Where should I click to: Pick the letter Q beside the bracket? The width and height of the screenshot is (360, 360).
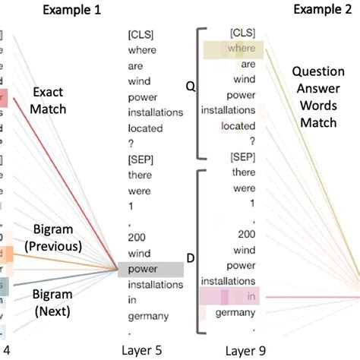[190, 88]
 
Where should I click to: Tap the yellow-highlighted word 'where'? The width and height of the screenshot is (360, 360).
[241, 49]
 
